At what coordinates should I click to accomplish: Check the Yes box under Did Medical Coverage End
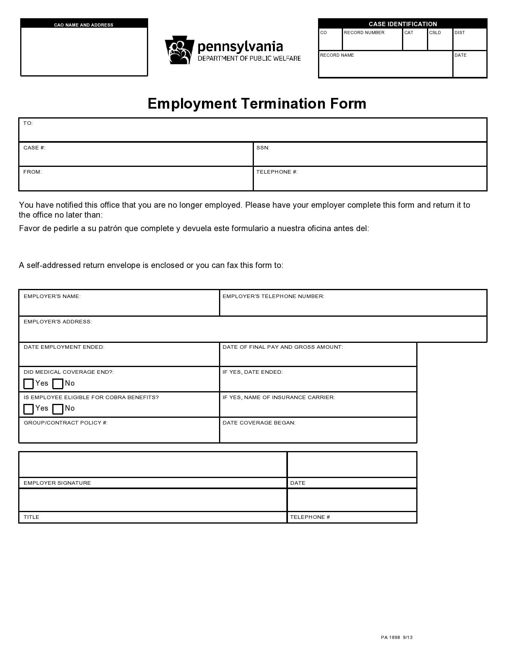29,384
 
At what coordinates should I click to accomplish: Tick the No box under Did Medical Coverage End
58,384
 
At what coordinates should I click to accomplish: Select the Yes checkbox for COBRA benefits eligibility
29,409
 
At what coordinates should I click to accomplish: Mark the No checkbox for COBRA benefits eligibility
58,409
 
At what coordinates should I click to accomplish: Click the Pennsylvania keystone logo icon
179,50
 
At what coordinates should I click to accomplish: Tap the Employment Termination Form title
257,104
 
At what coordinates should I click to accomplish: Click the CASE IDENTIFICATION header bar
402,24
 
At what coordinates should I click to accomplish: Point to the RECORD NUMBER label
364,33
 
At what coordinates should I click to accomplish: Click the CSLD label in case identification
435,33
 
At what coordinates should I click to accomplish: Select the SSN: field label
263,148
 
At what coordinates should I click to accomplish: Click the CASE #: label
34,148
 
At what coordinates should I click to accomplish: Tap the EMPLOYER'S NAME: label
52,296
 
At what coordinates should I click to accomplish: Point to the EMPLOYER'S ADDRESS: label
57,322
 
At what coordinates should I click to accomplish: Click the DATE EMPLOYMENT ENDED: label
64,347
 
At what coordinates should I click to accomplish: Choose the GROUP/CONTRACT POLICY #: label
65,423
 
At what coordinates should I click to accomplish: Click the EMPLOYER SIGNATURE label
57,483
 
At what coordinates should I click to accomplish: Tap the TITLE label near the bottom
31,517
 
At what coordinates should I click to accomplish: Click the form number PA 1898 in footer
391,637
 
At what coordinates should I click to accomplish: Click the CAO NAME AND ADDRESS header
84,25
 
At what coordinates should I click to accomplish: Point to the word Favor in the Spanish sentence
29,228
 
